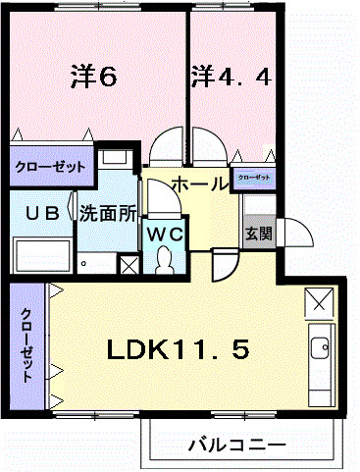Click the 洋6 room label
point(94,75)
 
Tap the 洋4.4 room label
point(229,75)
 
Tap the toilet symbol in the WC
point(164,260)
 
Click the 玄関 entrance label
point(258,235)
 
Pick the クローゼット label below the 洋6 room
point(50,167)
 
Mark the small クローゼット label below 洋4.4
point(253,177)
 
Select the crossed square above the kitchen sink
point(319,302)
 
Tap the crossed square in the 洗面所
point(128,264)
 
